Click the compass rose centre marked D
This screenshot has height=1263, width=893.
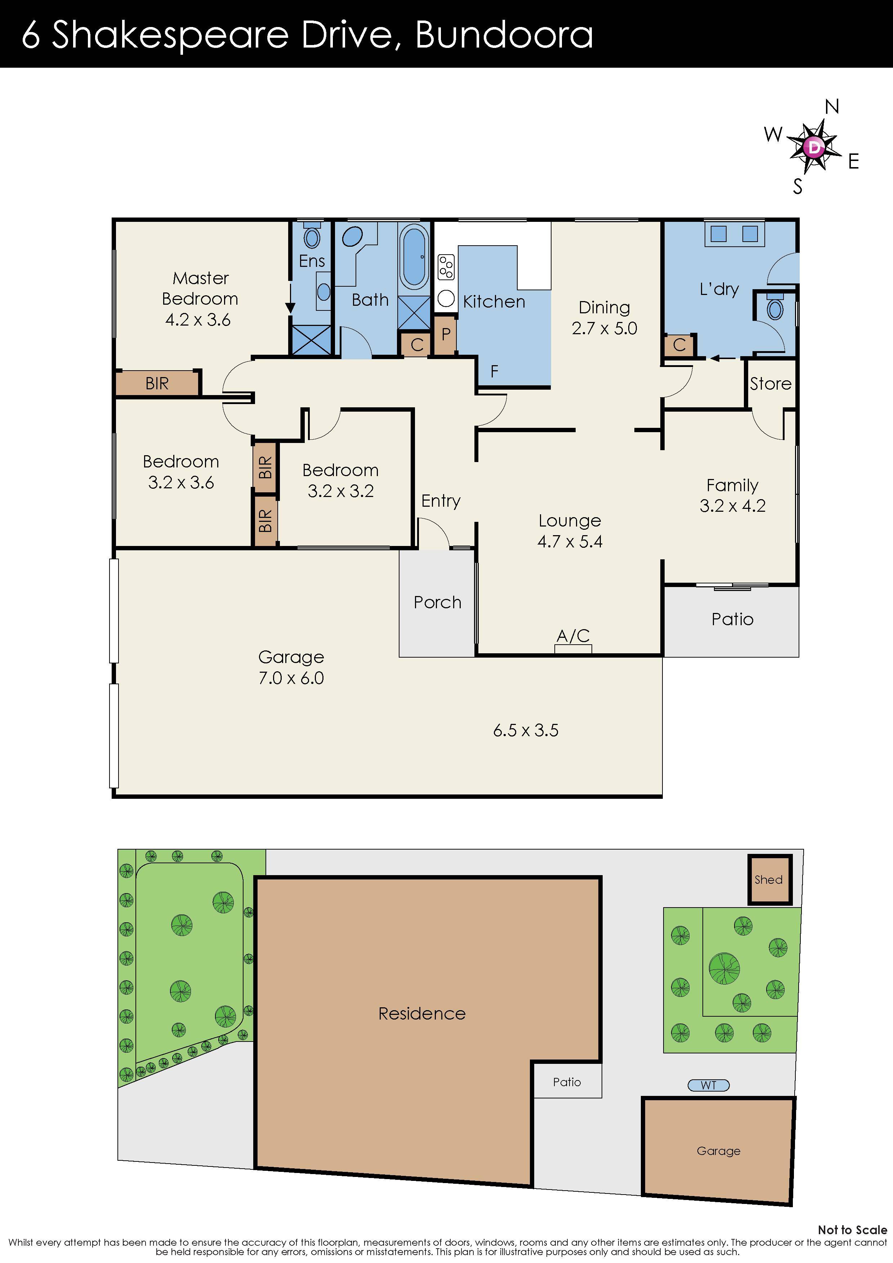814,147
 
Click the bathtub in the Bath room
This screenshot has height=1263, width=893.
414,257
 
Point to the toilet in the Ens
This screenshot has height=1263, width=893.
312,237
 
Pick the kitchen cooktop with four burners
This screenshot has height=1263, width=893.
446,267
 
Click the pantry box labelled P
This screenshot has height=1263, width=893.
446,334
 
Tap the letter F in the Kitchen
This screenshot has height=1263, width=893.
494,372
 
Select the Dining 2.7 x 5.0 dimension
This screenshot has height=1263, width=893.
604,328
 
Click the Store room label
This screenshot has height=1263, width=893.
770,384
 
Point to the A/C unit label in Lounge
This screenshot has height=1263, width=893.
573,636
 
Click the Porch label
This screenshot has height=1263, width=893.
437,603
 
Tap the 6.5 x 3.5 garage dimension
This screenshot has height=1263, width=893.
526,730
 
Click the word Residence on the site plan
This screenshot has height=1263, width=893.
422,1014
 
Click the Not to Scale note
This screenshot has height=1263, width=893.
852,1230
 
